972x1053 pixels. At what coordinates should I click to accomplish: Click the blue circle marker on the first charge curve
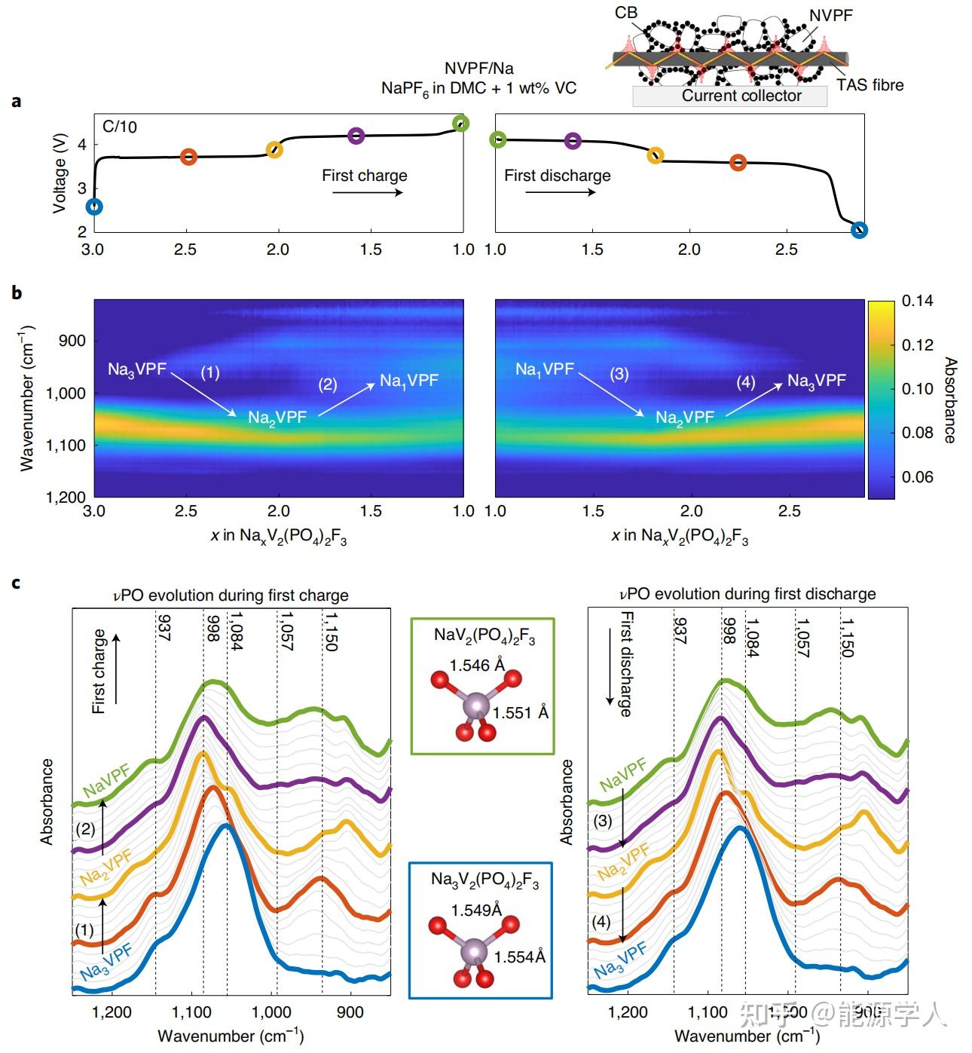click(93, 207)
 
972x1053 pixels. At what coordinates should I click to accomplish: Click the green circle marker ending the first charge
click(460, 123)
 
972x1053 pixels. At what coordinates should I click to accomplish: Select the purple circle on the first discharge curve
click(573, 140)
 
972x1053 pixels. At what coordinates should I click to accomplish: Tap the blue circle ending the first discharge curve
click(859, 230)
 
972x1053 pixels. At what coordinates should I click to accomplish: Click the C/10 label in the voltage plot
click(120, 127)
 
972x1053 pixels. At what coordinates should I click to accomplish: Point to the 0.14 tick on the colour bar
click(917, 301)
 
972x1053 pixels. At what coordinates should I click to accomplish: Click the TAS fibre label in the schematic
click(870, 85)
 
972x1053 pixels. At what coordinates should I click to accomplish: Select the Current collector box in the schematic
click(729, 96)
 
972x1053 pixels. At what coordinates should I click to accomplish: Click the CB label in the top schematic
click(626, 13)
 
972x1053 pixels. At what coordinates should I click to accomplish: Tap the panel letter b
click(17, 292)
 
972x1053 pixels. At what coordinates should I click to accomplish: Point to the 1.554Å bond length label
click(519, 957)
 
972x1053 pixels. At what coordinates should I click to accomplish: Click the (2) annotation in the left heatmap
click(327, 384)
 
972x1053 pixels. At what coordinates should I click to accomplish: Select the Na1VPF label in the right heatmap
click(545, 369)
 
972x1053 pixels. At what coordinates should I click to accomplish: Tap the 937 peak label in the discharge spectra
click(680, 630)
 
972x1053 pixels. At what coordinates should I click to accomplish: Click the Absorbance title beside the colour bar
click(950, 399)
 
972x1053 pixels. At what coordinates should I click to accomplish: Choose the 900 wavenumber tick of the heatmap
click(72, 341)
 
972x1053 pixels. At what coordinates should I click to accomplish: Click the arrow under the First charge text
click(367, 192)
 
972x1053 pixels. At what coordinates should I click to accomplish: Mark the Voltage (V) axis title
click(60, 174)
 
